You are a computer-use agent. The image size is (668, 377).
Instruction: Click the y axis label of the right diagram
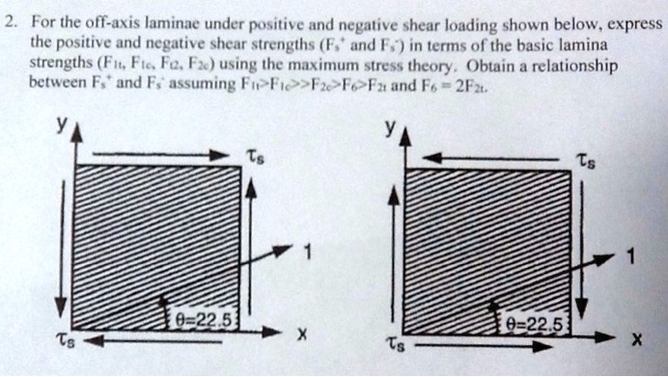[389, 126]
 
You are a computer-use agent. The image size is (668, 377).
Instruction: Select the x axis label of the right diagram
[634, 339]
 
